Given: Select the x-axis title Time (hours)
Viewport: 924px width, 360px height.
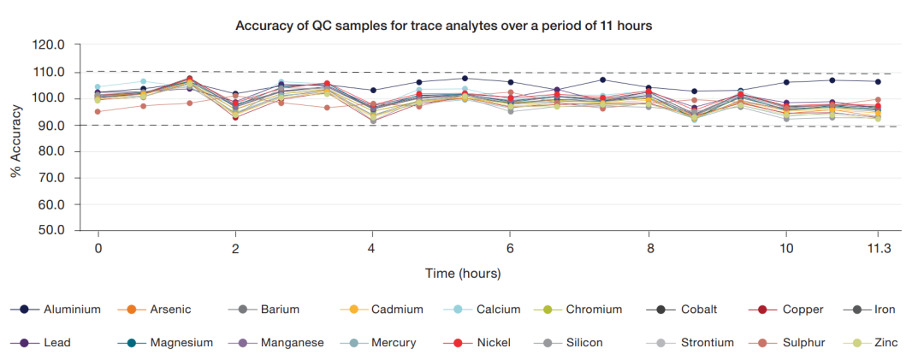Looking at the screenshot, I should (463, 274).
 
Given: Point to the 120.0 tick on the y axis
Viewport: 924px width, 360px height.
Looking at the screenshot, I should (49, 45).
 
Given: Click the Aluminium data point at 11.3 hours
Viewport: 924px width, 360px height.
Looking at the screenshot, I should (878, 81).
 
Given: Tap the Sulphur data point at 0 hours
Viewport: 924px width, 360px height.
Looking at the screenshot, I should (98, 111).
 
